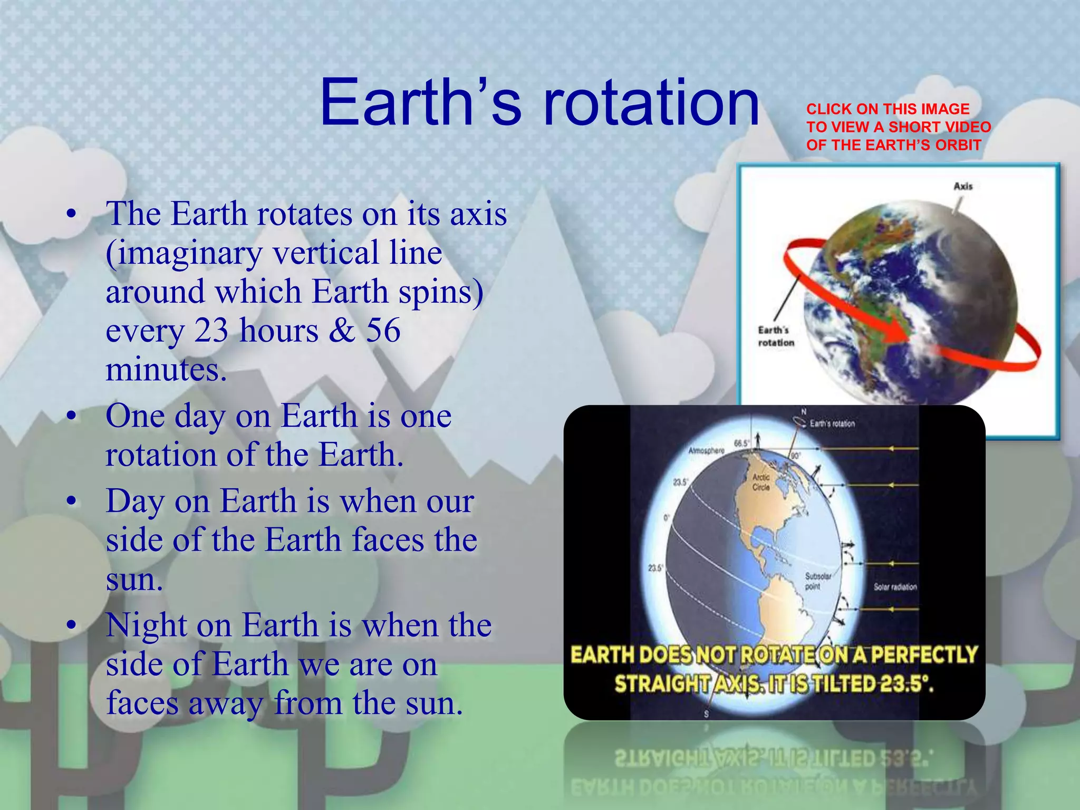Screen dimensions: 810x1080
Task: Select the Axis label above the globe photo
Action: tap(963, 186)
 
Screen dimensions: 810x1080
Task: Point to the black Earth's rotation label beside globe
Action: tap(776, 336)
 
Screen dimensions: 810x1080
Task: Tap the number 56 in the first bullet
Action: tap(383, 331)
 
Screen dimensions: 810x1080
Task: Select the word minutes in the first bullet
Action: tap(165, 370)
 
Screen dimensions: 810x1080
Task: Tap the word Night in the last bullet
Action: tap(146, 626)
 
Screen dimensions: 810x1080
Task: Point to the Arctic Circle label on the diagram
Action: tap(761, 482)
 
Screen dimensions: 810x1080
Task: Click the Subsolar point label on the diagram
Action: tap(818, 581)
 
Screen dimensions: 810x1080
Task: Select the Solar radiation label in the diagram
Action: tap(895, 587)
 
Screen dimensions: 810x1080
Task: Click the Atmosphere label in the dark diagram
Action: tap(707, 451)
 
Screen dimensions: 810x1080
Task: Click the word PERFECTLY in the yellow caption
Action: tap(924, 655)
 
